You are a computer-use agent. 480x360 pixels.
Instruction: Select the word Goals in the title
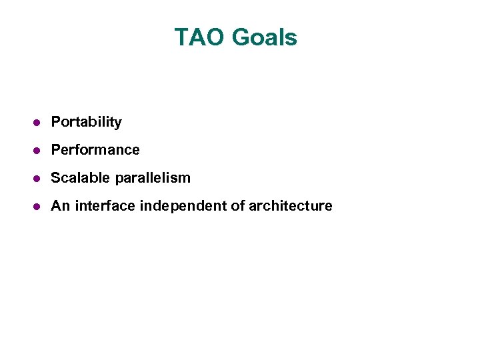[x=265, y=37]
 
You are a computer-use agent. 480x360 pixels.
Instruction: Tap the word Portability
[x=87, y=122]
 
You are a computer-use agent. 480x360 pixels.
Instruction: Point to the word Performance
[x=95, y=150]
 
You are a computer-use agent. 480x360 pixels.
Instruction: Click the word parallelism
[x=153, y=178]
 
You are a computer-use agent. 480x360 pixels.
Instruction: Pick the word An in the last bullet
[x=60, y=206]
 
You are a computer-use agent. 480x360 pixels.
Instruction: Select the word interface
[x=105, y=206]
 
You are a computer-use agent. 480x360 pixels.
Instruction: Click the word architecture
[x=290, y=206]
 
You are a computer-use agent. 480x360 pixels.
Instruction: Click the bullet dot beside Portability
[x=38, y=123]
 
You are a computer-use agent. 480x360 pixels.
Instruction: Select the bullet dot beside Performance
[x=38, y=151]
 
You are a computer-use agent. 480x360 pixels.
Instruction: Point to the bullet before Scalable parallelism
[x=38, y=179]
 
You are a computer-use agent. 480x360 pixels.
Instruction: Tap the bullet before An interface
[x=38, y=207]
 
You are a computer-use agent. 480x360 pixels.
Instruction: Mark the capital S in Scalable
[x=56, y=178]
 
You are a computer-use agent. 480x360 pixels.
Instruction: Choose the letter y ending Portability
[x=118, y=123]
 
